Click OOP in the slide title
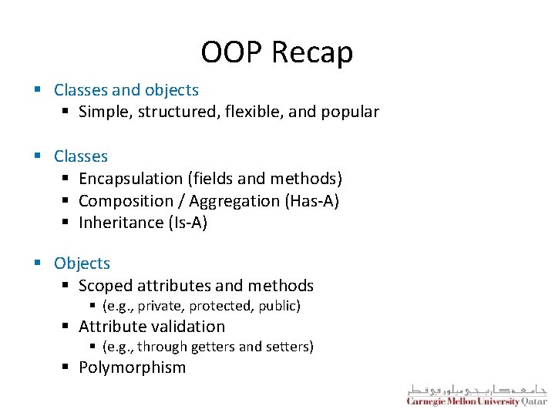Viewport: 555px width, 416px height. (233, 52)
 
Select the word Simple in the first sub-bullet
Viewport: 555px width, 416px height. (104, 112)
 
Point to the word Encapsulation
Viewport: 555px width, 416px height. (130, 179)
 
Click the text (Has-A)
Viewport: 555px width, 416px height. (312, 201)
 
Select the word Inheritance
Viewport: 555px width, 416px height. (120, 223)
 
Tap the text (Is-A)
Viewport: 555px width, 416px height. (187, 223)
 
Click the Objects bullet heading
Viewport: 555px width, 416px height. (82, 263)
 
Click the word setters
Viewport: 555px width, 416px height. (289, 347)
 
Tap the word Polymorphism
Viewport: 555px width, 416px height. (132, 367)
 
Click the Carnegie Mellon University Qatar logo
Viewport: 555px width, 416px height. (476, 394)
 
